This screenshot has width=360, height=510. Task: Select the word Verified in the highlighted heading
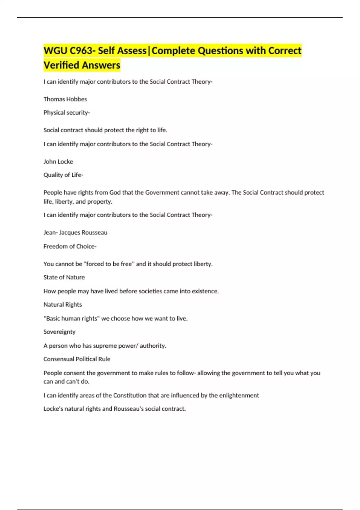pyautogui.click(x=61, y=65)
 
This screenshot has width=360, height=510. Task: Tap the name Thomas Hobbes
pyautogui.click(x=65, y=99)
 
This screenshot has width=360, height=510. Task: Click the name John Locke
pyautogui.click(x=58, y=162)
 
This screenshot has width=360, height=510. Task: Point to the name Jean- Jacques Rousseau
pyautogui.click(x=75, y=232)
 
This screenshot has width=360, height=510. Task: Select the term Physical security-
pyautogui.click(x=67, y=113)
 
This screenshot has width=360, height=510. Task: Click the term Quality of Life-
pyautogui.click(x=63, y=175)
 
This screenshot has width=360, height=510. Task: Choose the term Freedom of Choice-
pyautogui.click(x=70, y=246)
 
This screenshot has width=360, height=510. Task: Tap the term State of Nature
pyautogui.click(x=64, y=277)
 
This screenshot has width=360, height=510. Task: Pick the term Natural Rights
pyautogui.click(x=63, y=304)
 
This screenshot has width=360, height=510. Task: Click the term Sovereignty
pyautogui.click(x=59, y=332)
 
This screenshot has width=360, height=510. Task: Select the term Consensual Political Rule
pyautogui.click(x=77, y=359)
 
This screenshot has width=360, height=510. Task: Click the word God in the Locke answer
pyautogui.click(x=115, y=193)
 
